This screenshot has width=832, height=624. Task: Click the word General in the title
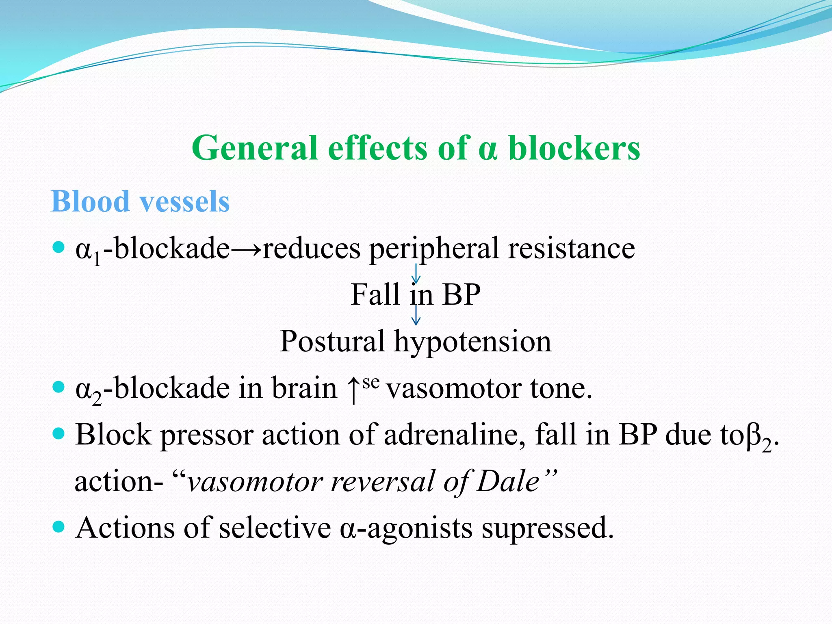(255, 148)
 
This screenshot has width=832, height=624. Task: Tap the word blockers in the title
(574, 148)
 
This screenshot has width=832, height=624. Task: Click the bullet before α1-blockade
(59, 247)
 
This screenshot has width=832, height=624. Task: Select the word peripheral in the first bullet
(433, 249)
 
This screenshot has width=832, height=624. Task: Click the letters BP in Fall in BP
(461, 295)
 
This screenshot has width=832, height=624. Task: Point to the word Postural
(332, 341)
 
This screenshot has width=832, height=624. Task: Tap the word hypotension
(472, 342)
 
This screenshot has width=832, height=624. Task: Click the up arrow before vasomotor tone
(353, 389)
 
